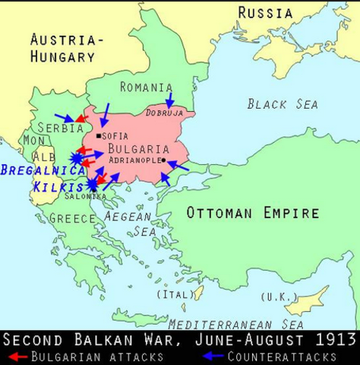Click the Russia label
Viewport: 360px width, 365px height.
pyautogui.click(x=265, y=13)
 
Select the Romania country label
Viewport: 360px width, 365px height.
pyautogui.click(x=146, y=87)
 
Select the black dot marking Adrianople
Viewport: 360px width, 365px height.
pyautogui.click(x=163, y=160)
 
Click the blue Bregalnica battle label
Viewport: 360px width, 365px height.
pyautogui.click(x=42, y=170)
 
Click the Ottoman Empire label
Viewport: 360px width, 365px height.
pyautogui.click(x=253, y=213)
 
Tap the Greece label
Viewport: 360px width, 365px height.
pyautogui.click(x=72, y=218)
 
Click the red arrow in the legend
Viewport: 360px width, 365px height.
pyautogui.click(x=15, y=356)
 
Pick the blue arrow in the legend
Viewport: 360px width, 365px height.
pyautogui.click(x=216, y=356)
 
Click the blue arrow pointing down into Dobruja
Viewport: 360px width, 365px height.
pyautogui.click(x=170, y=100)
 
